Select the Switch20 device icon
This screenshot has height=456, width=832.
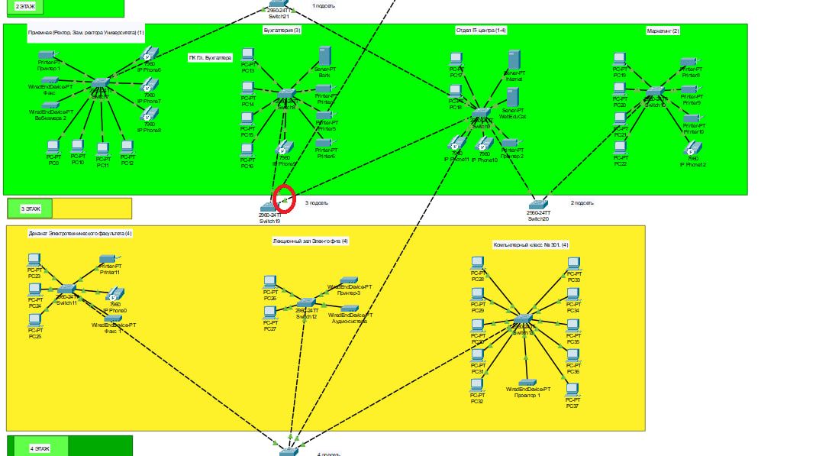(538, 205)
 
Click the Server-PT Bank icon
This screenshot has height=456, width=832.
(324, 57)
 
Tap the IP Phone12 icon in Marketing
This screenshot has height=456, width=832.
(693, 148)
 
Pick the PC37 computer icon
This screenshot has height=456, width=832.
(572, 390)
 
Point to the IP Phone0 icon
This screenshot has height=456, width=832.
(114, 295)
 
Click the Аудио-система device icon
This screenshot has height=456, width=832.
(349, 308)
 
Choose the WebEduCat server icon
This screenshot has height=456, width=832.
(512, 97)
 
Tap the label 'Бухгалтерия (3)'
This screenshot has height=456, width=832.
(282, 30)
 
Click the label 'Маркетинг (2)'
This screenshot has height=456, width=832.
(663, 31)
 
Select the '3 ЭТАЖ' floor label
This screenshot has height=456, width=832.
(31, 208)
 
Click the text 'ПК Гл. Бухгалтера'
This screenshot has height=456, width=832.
(210, 57)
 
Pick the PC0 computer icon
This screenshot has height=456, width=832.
(53, 146)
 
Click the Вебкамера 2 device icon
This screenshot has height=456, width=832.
(50, 105)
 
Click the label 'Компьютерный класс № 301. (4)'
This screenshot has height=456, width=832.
(530, 244)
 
